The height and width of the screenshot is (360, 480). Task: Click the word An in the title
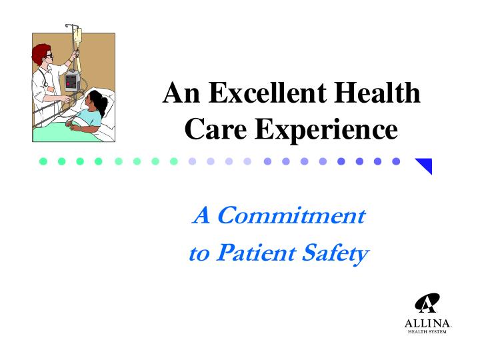pyautogui.click(x=181, y=93)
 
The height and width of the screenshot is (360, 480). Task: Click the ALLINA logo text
pyautogui.click(x=427, y=323)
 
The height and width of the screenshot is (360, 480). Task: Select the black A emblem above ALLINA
pyautogui.click(x=427, y=304)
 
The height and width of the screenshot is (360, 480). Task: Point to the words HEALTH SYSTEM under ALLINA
pyautogui.click(x=427, y=332)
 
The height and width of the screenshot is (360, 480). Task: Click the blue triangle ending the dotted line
pyautogui.click(x=425, y=165)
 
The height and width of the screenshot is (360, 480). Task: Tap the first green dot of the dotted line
pyautogui.click(x=43, y=161)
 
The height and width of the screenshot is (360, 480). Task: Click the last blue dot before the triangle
pyautogui.click(x=396, y=161)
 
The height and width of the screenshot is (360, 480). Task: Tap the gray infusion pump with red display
pyautogui.click(x=71, y=83)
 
